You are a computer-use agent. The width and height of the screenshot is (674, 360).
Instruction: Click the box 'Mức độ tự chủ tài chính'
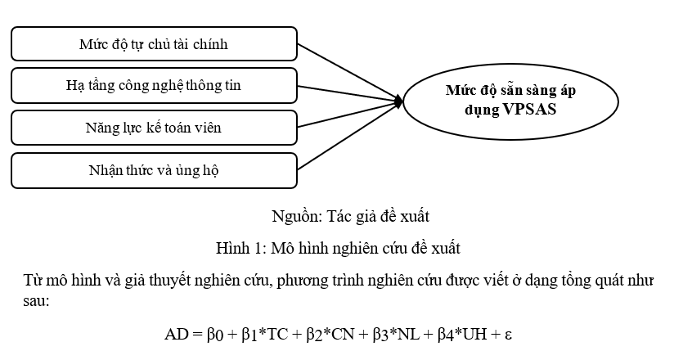(154, 43)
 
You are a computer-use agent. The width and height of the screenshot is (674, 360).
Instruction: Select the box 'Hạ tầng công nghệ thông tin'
(154, 85)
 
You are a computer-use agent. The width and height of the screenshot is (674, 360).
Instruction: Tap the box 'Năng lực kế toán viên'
(154, 127)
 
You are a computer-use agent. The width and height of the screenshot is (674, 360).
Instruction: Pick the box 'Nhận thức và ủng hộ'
(154, 169)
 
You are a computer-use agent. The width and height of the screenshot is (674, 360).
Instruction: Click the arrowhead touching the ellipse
(398, 102)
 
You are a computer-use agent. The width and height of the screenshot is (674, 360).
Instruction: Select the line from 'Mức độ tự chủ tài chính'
(348, 72)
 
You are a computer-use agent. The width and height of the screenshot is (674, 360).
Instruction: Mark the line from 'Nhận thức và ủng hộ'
(348, 136)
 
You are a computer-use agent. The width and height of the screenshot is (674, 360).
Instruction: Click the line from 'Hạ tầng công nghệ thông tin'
(348, 93)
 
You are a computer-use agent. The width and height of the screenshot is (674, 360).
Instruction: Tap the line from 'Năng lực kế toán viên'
(348, 115)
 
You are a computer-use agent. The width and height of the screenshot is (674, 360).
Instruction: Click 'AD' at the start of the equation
(176, 335)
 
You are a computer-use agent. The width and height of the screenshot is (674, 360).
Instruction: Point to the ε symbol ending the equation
(507, 335)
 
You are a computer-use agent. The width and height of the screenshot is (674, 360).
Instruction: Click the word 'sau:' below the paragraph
(38, 302)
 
